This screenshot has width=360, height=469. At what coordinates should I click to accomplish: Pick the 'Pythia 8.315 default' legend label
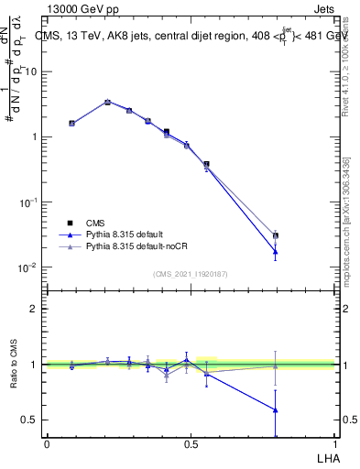pyautogui.click(x=128, y=234)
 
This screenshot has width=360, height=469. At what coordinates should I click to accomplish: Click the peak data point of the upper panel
pyautogui.click(x=107, y=102)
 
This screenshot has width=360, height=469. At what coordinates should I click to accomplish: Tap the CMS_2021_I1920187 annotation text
pyautogui.click(x=191, y=274)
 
